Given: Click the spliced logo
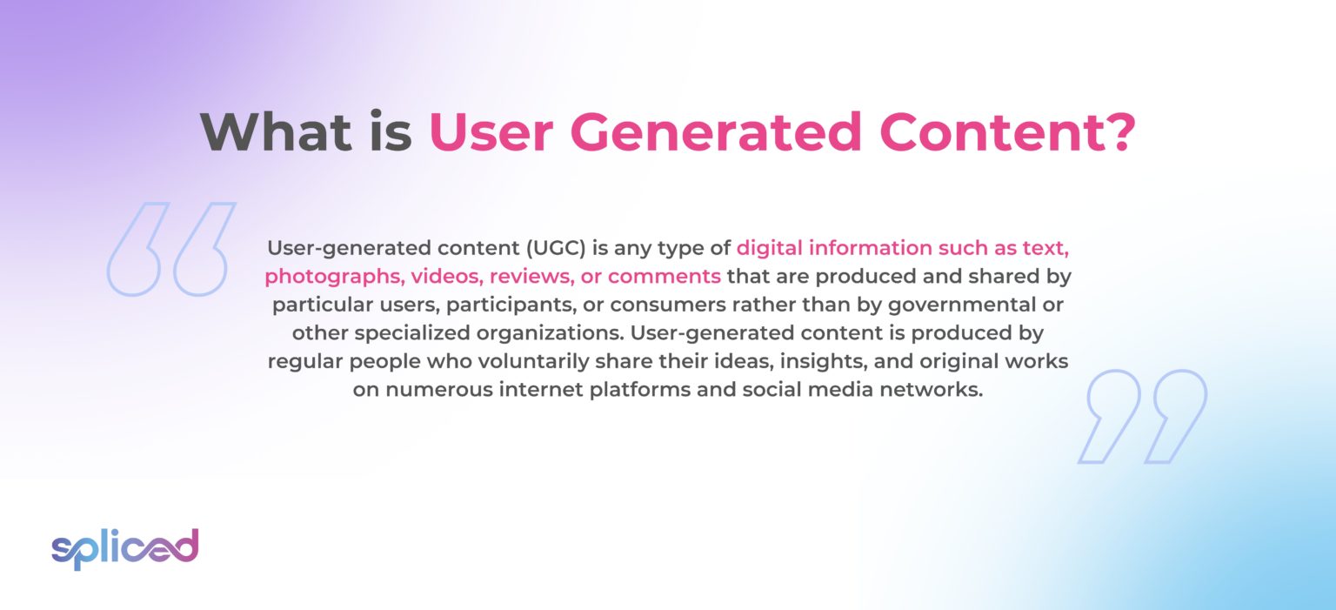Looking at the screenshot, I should [124, 547].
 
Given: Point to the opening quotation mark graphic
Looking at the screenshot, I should [171, 249].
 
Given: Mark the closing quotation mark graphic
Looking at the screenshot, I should [1142, 416].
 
